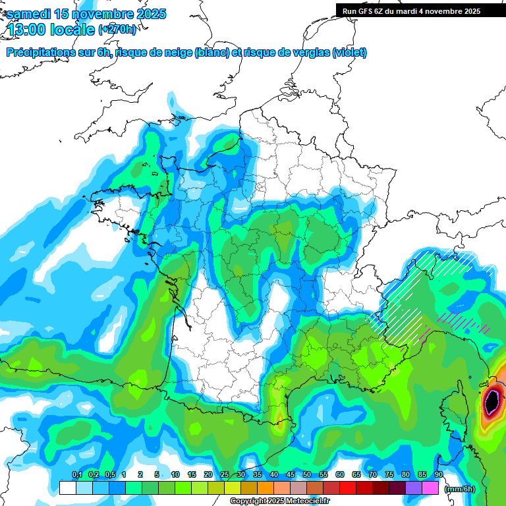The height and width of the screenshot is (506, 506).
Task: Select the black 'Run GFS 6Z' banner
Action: pyautogui.click(x=420, y=11)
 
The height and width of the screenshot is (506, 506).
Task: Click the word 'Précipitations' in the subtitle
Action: pyautogui.click(x=40, y=53)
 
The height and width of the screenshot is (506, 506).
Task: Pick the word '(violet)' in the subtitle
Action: pyautogui.click(x=349, y=53)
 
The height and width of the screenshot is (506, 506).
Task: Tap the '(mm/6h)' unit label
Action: pyautogui.click(x=459, y=489)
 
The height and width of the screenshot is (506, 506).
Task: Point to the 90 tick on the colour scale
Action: pyautogui.click(x=438, y=475)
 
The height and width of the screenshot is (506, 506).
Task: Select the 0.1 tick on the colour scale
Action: pyautogui.click(x=76, y=475)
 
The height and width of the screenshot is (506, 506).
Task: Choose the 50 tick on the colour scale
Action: pyautogui.click(x=307, y=475)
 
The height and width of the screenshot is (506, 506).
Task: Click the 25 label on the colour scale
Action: pyautogui.click(x=225, y=475)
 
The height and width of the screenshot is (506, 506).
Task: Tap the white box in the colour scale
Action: pyautogui.click(x=68, y=488)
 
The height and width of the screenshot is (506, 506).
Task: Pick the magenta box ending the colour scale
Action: pyautogui.click(x=430, y=488)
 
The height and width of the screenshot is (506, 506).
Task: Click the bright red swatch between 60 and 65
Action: pyautogui.click(x=348, y=488)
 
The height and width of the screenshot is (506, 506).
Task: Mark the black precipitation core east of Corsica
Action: pyautogui.click(x=492, y=400)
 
